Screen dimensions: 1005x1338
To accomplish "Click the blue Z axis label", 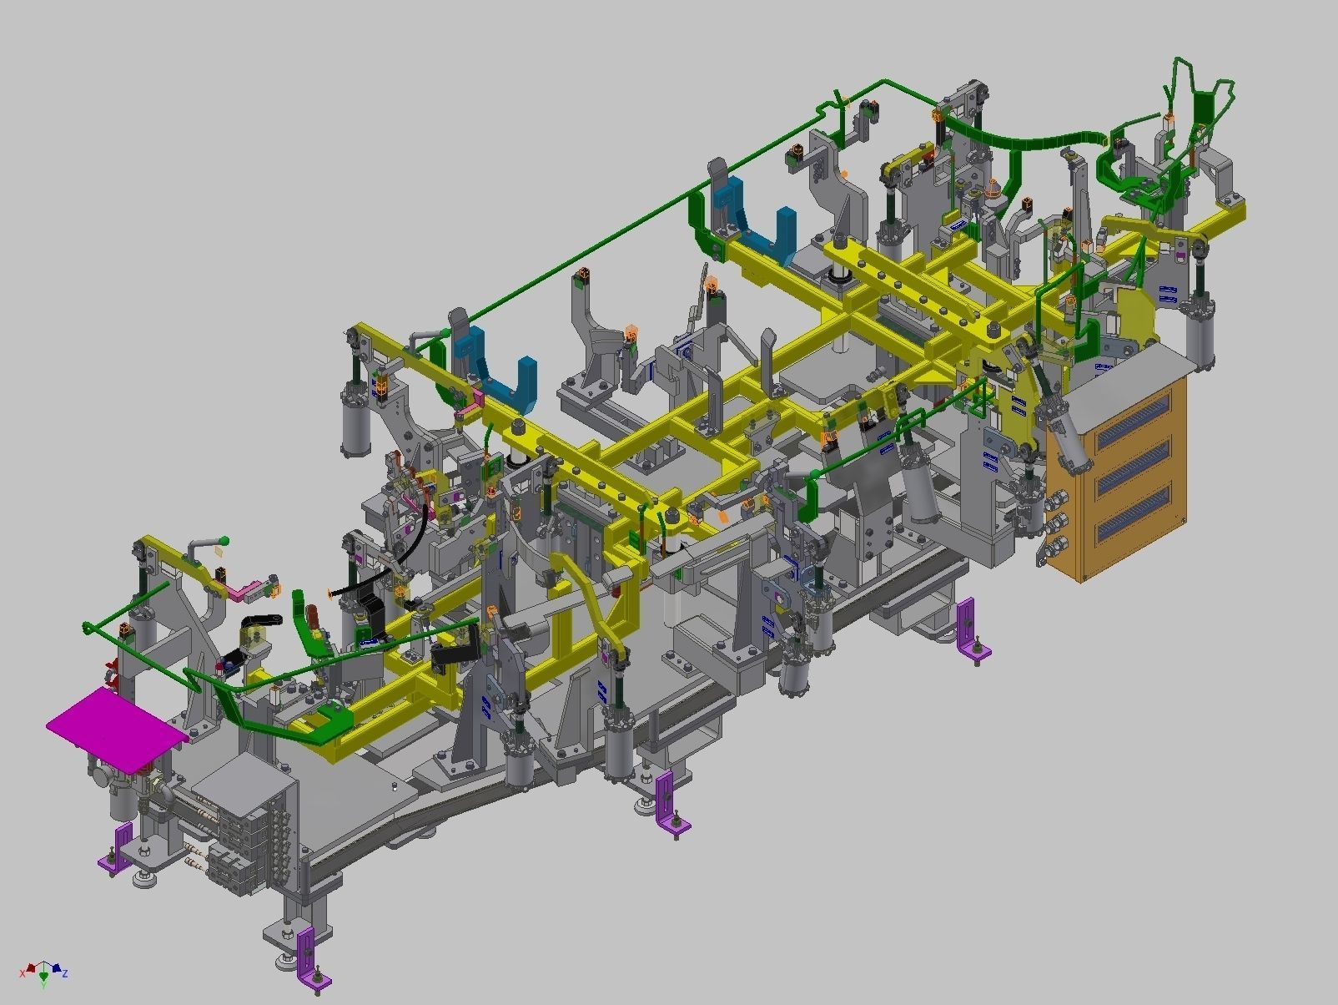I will (x=65, y=973).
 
